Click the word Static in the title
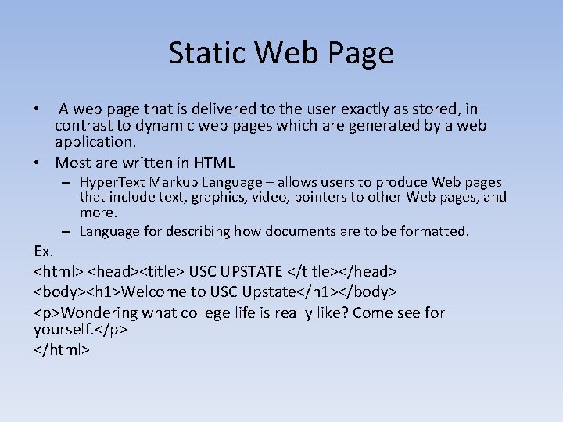pos(204,53)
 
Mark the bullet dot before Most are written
pos(38,163)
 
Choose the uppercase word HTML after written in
pos(213,163)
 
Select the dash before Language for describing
pos(68,231)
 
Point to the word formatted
pos(432,231)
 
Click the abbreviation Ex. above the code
pos(44,252)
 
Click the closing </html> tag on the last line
pos(63,349)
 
